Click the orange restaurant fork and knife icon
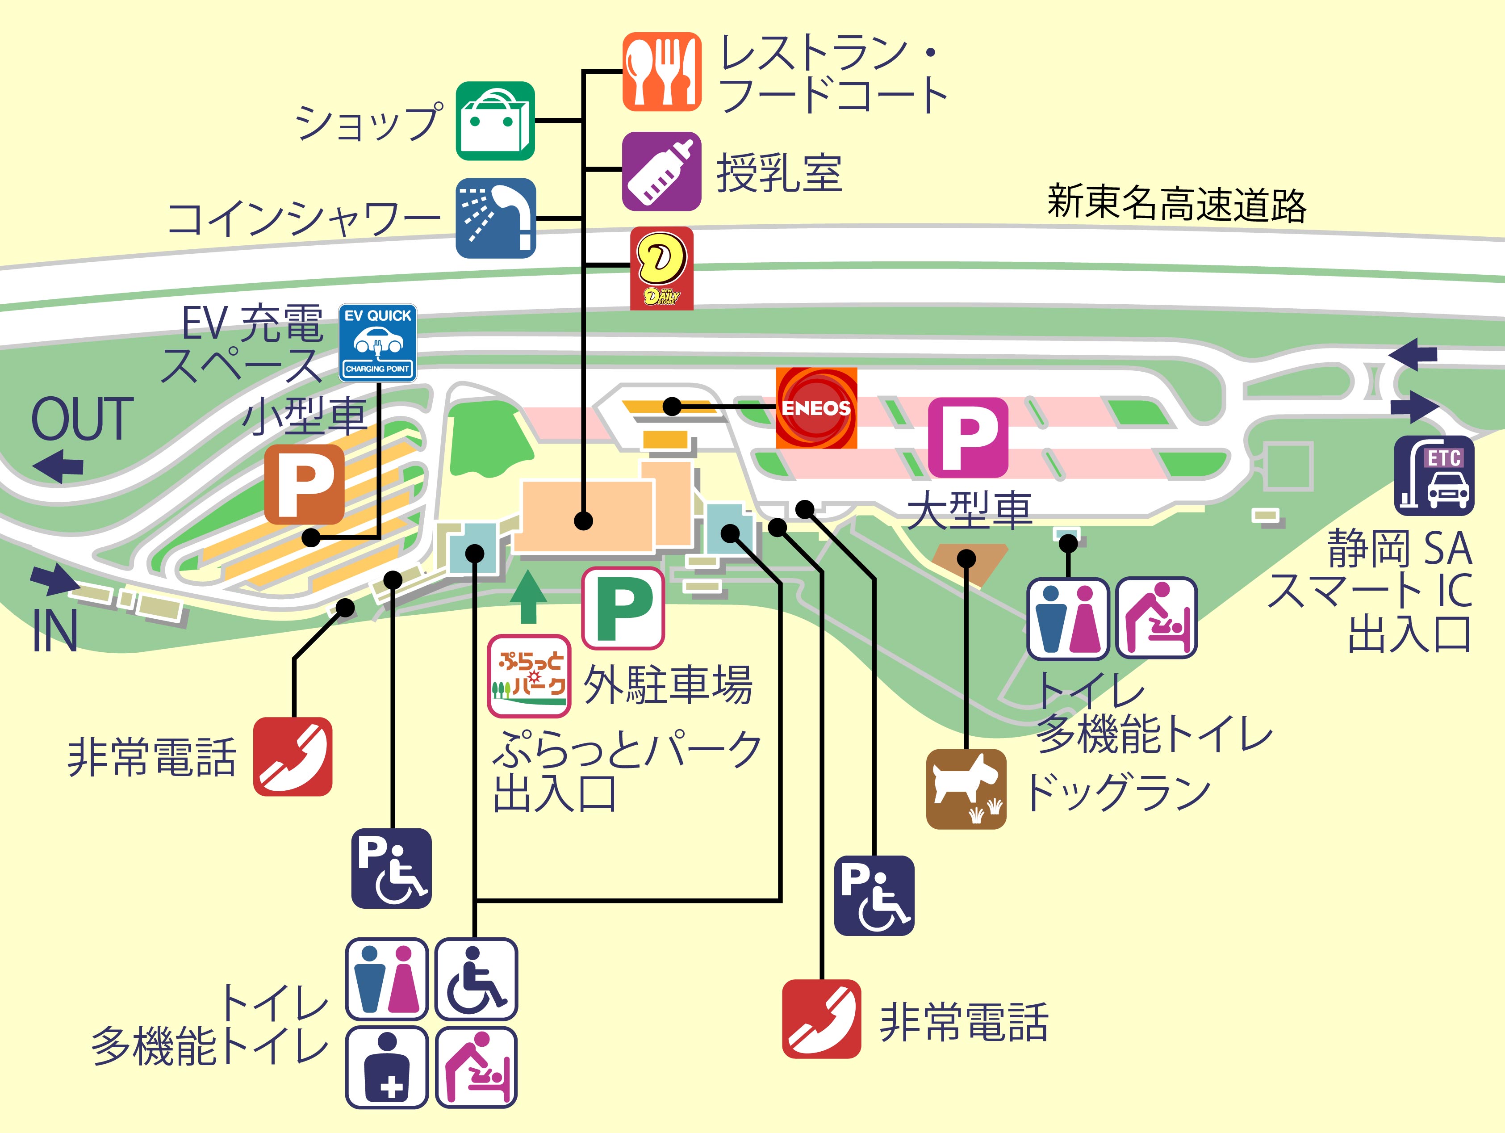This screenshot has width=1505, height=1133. (x=661, y=71)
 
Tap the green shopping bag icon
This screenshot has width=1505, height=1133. (x=495, y=121)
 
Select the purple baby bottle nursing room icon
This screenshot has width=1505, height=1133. (x=661, y=171)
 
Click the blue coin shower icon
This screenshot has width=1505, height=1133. (x=495, y=218)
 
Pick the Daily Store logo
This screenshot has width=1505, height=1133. (x=661, y=268)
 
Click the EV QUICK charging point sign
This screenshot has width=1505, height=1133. (x=378, y=342)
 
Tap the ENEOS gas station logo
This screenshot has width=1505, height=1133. (x=816, y=408)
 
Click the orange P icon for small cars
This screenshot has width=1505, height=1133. (x=304, y=484)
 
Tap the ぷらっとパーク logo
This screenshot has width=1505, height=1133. (x=529, y=676)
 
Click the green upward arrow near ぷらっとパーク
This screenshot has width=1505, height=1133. (x=529, y=597)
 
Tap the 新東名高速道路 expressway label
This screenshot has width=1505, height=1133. (x=1176, y=203)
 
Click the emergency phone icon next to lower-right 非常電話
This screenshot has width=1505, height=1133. (x=821, y=1019)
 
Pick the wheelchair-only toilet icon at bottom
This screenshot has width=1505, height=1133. (x=476, y=979)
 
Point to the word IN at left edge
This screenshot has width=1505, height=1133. (x=55, y=630)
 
